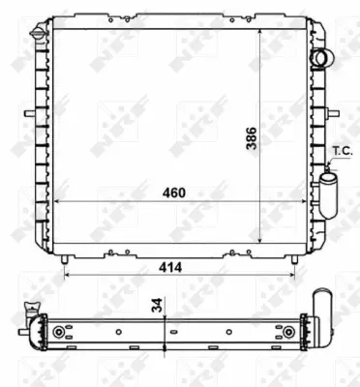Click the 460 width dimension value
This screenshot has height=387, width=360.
coord(174,193)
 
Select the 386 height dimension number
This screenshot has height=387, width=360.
coord(252,138)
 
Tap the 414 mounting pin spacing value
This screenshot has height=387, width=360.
coord(170,267)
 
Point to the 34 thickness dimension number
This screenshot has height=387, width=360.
coord(157,305)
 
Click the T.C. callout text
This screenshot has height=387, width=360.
coord(343,151)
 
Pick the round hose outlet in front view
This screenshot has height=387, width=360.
coord(319,58)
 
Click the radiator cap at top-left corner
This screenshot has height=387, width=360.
coord(38,33)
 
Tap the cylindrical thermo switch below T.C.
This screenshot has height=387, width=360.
coord(328,194)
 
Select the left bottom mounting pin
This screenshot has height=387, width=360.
coord(65,259)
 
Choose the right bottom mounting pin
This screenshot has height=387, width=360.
coord(294,259)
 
